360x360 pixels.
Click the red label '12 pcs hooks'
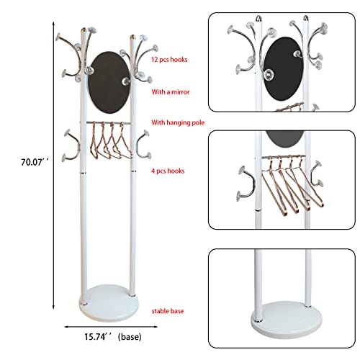point(169,60)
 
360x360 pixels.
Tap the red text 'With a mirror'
point(171,91)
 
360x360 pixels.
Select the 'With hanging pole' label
point(178,122)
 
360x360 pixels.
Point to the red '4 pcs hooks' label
point(168,171)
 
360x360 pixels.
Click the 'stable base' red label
point(168,311)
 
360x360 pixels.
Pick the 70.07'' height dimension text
point(35,162)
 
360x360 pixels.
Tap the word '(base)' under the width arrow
point(130,337)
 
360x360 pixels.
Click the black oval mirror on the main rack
point(109,82)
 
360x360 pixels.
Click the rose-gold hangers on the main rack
point(111,140)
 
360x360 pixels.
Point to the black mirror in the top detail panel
point(283,69)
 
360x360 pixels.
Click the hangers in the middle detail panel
point(292,184)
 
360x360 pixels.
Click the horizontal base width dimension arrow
point(111,327)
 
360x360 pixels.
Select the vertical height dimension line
point(53,166)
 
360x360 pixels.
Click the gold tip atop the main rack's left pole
point(84,30)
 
